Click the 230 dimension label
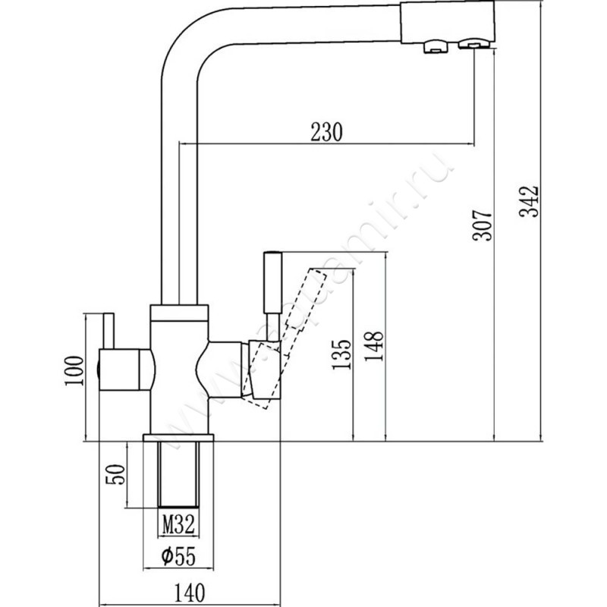pyautogui.click(x=326, y=131)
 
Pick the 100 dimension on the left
pyautogui.click(x=74, y=371)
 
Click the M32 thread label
pyautogui.click(x=179, y=522)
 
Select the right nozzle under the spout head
pyautogui.click(x=473, y=47)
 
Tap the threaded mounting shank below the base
pyautogui.click(x=179, y=474)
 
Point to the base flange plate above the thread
pyautogui.click(x=179, y=439)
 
